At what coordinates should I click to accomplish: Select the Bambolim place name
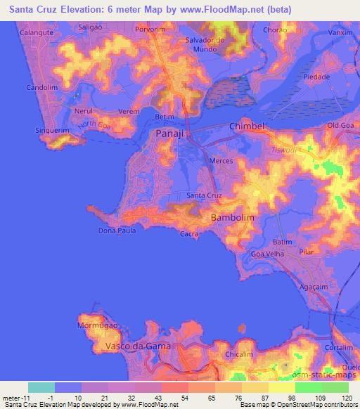[x=232, y=219]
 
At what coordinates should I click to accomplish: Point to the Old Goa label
[x=341, y=125]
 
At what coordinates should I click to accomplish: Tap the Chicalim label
[x=239, y=356]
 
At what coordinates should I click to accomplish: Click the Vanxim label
[x=340, y=32]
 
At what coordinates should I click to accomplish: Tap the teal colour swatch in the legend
[x=41, y=387]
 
